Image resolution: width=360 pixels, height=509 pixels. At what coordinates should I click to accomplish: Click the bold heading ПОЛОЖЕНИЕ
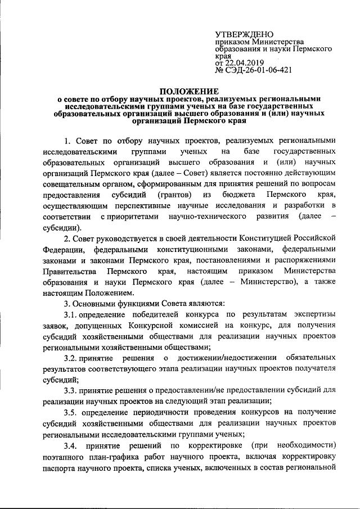pyautogui.click(x=188, y=91)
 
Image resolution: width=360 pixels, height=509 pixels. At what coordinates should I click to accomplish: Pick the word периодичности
pyautogui.click(x=163, y=412)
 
